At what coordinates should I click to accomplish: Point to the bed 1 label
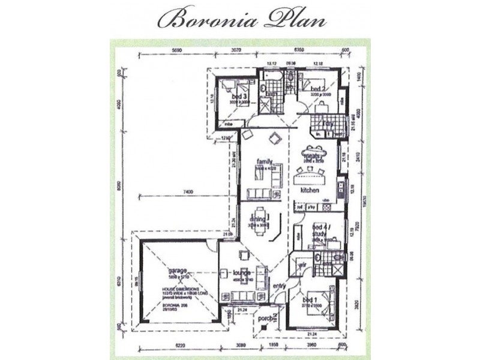pyautogui.click(x=310, y=299)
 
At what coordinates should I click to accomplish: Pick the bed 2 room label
pyautogui.click(x=317, y=89)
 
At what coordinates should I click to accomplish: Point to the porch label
pyautogui.click(x=265, y=320)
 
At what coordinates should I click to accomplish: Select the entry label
pyautogui.click(x=278, y=286)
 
